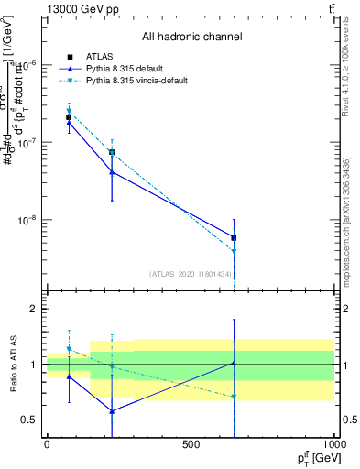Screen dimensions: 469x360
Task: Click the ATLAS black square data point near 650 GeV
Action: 234,237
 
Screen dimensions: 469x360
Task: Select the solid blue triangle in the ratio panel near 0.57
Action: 112,411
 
